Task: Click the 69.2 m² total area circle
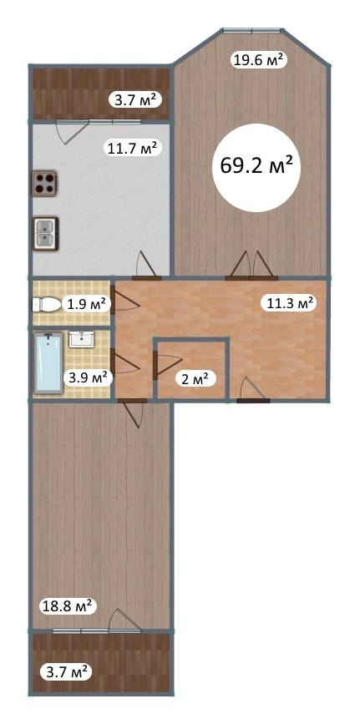256,167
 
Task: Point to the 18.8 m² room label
67,606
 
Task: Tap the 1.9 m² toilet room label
86,304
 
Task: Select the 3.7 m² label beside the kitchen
134,99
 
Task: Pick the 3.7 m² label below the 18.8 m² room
67,673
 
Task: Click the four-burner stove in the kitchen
44,184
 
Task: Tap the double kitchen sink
45,233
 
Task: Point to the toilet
47,305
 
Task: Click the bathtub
48,362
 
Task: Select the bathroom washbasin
82,339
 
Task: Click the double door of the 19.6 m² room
251,266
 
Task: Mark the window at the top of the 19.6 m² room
251,31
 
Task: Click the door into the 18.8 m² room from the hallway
132,413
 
